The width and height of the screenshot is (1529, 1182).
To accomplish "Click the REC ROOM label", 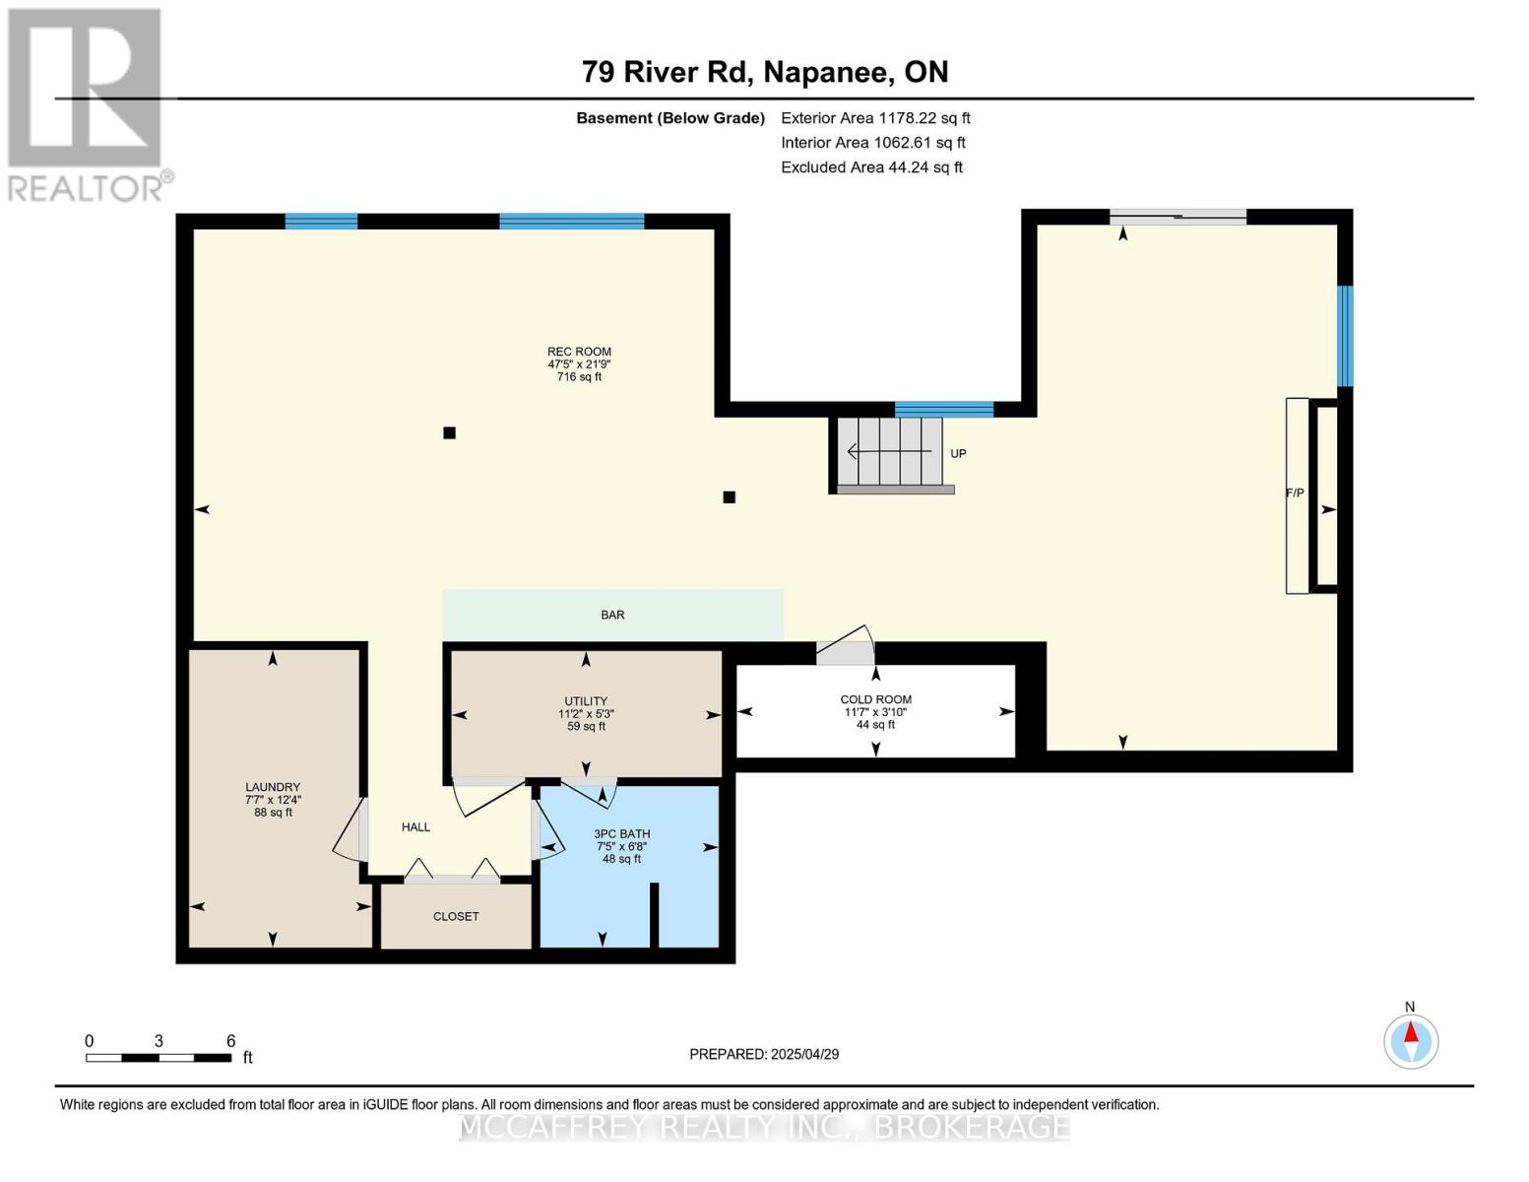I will click(579, 352).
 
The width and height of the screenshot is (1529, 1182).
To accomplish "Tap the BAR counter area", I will click(612, 615).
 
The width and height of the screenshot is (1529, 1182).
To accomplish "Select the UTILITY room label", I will click(586, 701).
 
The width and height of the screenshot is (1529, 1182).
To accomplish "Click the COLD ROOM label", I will click(875, 699).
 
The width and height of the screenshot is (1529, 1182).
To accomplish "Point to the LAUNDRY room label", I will click(273, 787).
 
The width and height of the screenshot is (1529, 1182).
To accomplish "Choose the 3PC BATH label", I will click(621, 834).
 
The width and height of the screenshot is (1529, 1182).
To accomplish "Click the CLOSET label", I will click(456, 916).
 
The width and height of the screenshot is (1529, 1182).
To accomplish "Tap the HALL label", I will click(415, 827).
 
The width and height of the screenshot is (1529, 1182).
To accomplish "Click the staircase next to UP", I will click(892, 452).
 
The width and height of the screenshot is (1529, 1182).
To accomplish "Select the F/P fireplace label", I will click(1295, 492).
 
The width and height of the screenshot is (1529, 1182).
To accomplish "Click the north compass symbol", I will click(1411, 1040).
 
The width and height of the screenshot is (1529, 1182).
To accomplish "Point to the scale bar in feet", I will click(159, 1057).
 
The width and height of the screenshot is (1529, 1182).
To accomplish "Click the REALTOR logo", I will click(87, 103).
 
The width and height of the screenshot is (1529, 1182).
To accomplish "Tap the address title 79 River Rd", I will click(764, 72).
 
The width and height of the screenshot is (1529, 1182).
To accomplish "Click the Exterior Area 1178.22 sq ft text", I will click(875, 118).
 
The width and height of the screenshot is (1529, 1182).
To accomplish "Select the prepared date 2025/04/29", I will click(764, 1054).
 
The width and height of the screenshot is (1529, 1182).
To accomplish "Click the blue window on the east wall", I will click(1345, 336).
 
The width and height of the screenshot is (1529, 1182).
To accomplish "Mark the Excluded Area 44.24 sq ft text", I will click(871, 167).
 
